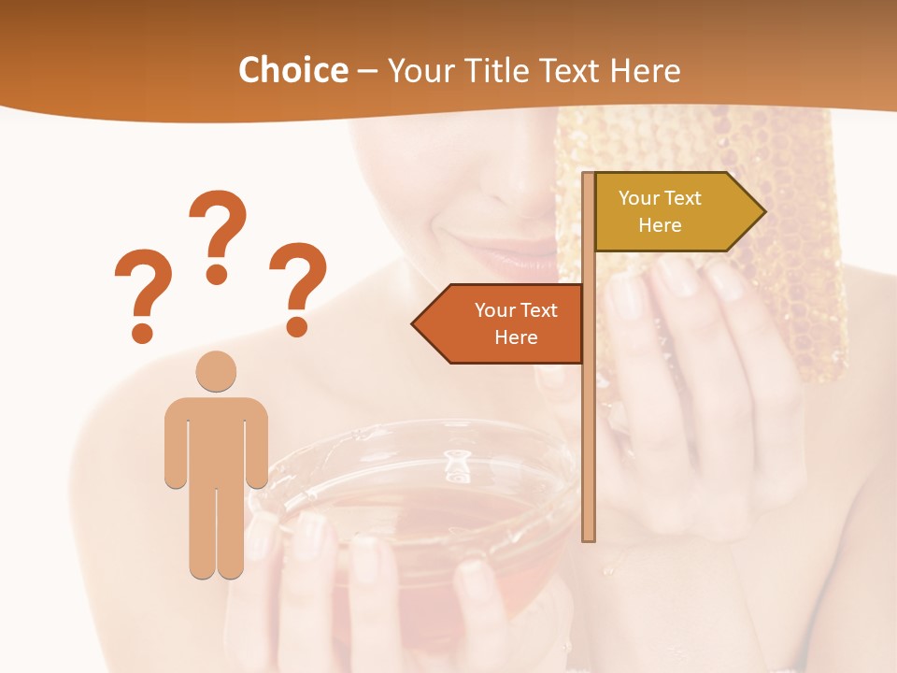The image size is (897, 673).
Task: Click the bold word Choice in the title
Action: point(292,70)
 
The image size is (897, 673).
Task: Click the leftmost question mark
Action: point(142,294)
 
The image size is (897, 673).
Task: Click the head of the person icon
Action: point(216,371)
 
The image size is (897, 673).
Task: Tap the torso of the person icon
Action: point(216,439)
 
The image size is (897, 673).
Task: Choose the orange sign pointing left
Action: point(505,324)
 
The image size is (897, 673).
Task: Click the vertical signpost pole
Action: point(588,439)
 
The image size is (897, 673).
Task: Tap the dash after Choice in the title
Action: point(367,71)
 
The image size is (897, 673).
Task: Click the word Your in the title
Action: point(419,70)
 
